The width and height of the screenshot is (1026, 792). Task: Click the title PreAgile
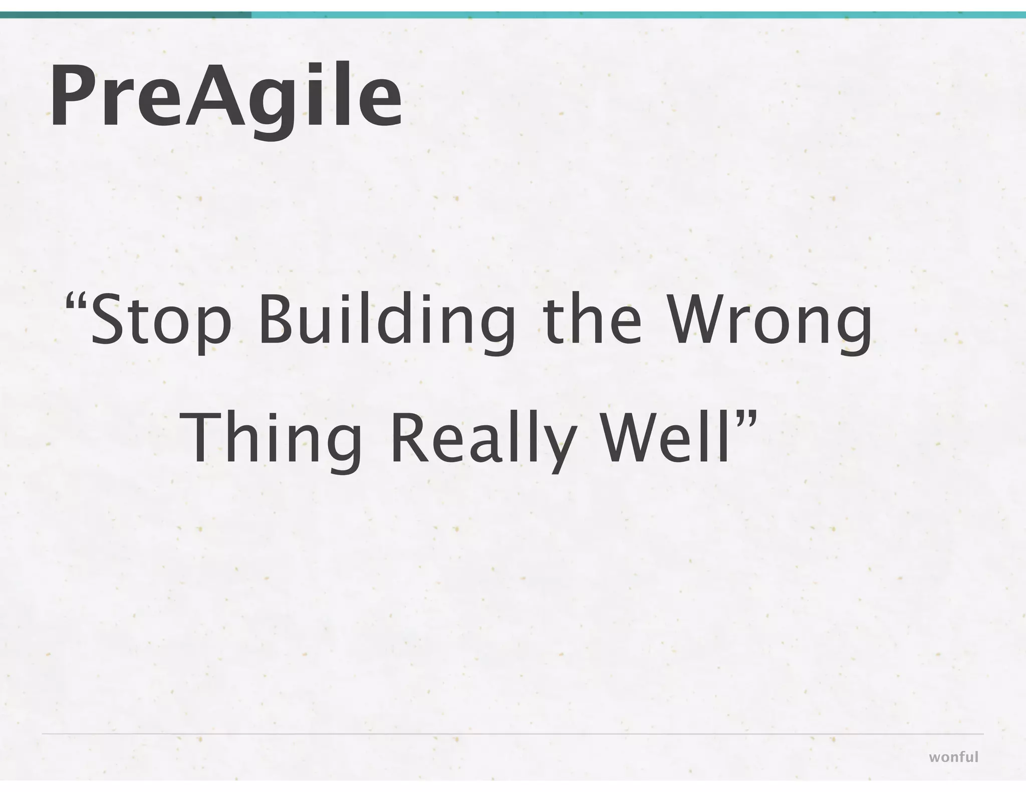(x=225, y=95)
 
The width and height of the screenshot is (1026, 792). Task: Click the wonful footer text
(x=953, y=757)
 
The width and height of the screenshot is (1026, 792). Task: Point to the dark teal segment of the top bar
(x=125, y=15)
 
